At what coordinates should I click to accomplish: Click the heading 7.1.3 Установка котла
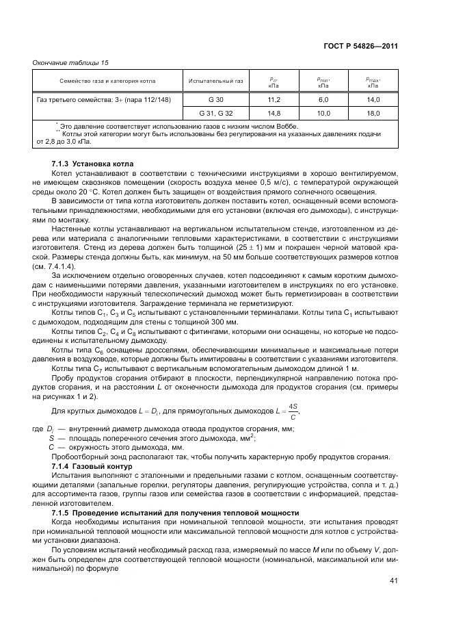coord(93,165)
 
